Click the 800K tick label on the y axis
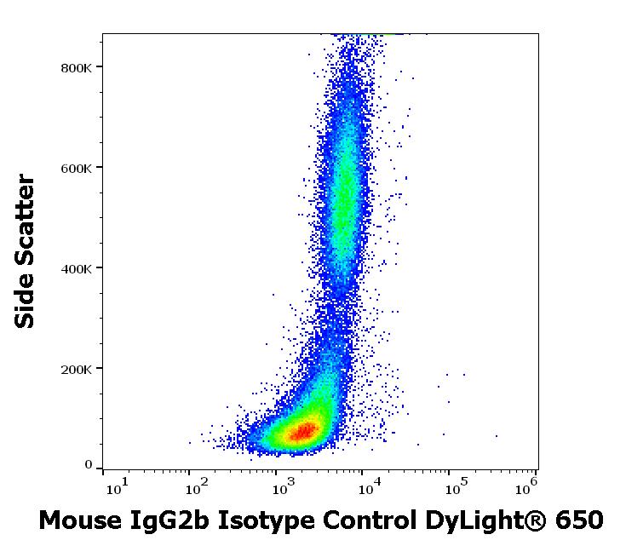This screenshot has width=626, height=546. point(76,67)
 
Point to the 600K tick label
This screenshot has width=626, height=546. point(76,168)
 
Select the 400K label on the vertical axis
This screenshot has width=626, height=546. point(76,268)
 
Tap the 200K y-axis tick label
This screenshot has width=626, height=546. point(76,369)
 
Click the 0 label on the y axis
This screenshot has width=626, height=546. point(88,465)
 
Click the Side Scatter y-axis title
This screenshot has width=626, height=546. point(26,251)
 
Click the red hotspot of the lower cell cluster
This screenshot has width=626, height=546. point(302,431)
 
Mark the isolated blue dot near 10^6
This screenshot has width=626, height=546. point(497,436)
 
